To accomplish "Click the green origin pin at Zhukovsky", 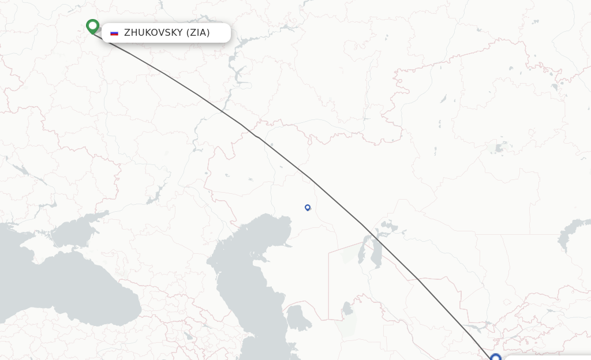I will click(92, 26).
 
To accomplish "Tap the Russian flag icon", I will click(114, 33).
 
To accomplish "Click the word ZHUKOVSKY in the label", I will click(152, 33).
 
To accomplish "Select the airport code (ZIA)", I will click(197, 33).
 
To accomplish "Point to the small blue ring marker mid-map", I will click(308, 207).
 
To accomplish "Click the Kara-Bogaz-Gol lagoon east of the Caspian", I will click(298, 317).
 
